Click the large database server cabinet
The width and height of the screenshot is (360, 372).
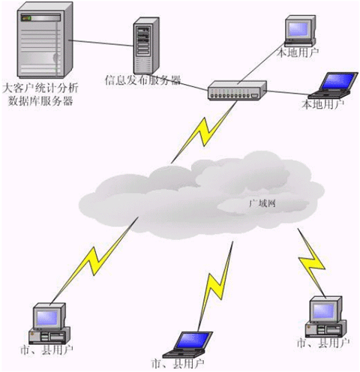click(x=44, y=40)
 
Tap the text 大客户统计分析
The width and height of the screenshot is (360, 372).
click(x=40, y=88)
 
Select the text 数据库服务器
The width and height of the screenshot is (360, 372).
click(x=40, y=101)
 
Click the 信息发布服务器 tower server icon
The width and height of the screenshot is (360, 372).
click(x=146, y=46)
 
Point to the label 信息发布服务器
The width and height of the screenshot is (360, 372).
click(x=142, y=80)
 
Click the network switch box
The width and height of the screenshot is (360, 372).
click(x=237, y=90)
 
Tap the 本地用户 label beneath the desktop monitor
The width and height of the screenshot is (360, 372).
click(x=298, y=52)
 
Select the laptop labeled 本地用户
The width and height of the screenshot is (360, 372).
click(x=333, y=85)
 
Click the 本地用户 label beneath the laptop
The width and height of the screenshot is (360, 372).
click(x=323, y=104)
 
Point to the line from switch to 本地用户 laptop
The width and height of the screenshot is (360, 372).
click(x=288, y=93)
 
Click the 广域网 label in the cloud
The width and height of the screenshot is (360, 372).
click(x=262, y=203)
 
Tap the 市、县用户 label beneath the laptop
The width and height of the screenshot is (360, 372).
click(x=178, y=364)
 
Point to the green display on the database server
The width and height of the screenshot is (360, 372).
click(x=26, y=18)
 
